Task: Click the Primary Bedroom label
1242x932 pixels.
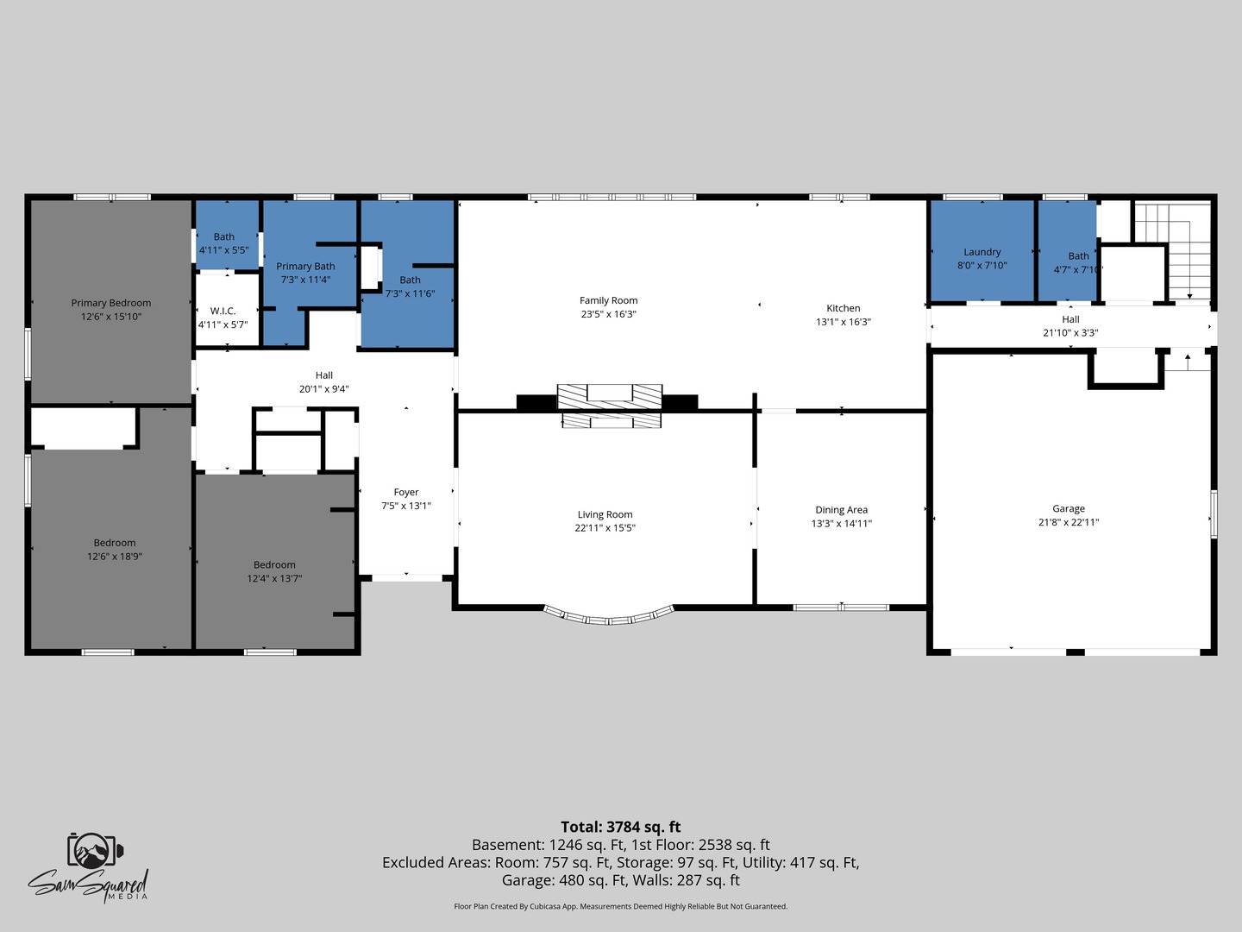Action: click(x=111, y=303)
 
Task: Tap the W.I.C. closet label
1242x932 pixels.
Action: click(x=223, y=311)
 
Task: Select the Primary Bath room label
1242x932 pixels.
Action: click(x=305, y=266)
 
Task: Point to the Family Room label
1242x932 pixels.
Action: click(x=608, y=300)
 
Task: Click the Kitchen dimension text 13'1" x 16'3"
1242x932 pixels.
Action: click(x=843, y=322)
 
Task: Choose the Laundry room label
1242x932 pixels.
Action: click(x=982, y=252)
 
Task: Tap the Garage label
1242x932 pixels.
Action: click(x=1069, y=509)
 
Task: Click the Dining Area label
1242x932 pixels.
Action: click(x=842, y=510)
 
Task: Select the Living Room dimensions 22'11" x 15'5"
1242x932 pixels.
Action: click(x=605, y=528)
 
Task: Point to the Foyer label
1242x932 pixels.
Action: click(x=406, y=492)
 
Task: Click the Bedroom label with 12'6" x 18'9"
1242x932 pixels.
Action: click(x=115, y=543)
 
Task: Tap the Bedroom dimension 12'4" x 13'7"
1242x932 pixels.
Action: click(x=274, y=578)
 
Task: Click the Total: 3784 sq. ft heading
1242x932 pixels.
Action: click(x=621, y=827)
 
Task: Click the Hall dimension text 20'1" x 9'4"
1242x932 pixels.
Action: click(x=323, y=388)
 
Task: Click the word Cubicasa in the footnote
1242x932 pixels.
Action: click(x=544, y=906)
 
